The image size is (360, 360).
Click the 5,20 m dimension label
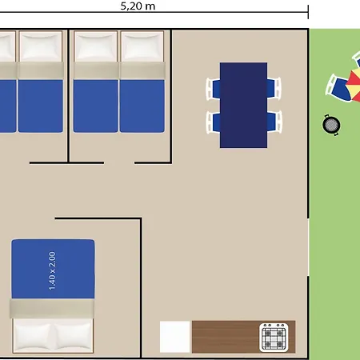click(x=138, y=6)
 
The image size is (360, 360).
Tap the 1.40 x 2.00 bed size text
click(x=53, y=270)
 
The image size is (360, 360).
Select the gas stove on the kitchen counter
click(x=274, y=338)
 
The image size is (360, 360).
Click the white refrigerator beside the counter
click(x=174, y=337)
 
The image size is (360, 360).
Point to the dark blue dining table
click(x=243, y=105)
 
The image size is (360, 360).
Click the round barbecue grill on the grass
click(x=331, y=125)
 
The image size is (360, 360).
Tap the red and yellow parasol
click(x=354, y=85)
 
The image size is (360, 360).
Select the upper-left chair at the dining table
click(x=213, y=89)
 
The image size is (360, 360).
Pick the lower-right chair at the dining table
click(x=274, y=122)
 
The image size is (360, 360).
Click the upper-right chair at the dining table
click(x=274, y=89)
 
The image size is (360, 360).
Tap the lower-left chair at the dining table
click(x=213, y=122)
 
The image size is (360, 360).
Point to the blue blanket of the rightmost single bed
click(x=142, y=106)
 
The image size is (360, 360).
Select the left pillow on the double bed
click(x=32, y=335)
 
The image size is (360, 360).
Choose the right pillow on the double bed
click(x=73, y=335)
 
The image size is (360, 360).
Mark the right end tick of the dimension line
click(x=308, y=12)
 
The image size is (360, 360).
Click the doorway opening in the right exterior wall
click(x=309, y=247)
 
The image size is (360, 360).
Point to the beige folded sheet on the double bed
click(x=52, y=308)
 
